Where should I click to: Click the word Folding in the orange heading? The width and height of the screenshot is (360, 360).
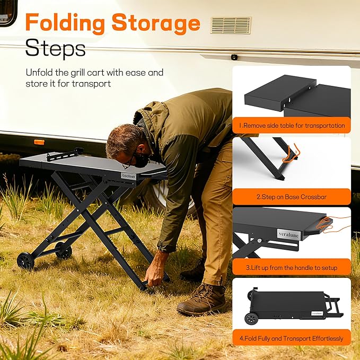coord(65,23)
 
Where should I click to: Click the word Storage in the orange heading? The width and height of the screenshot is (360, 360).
coord(156,23)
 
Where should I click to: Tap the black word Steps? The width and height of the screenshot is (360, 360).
coord(55,48)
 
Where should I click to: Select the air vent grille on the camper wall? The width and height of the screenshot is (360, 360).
coord(231,25)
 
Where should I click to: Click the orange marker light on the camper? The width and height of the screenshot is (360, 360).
coord(39,142)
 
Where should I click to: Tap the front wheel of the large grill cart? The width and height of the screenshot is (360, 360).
coord(25,260)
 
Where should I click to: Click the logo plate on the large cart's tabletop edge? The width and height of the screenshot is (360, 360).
coord(128,176)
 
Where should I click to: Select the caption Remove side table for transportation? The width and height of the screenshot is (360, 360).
coord(292,126)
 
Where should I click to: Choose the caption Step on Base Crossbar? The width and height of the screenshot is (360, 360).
coord(292,197)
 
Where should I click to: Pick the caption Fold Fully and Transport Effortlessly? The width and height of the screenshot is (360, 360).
coord(292,338)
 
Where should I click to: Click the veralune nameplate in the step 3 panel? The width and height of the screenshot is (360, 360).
coord(288,235)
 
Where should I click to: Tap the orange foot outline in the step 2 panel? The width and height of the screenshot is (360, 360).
coord(291,153)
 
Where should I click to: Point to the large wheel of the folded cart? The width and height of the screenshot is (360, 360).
coord(251,318)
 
